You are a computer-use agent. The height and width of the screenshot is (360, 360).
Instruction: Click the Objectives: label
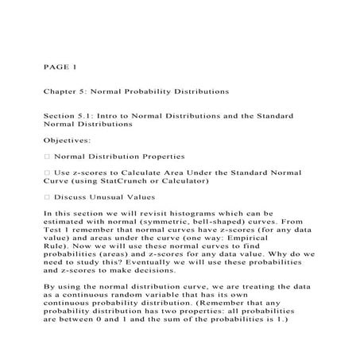68,140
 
